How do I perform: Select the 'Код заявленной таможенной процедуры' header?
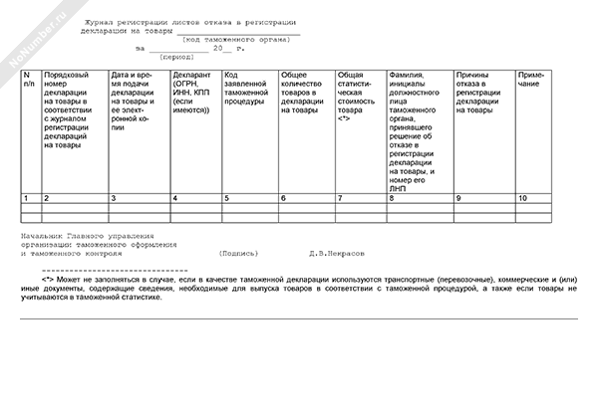248,89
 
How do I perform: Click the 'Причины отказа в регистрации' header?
482,89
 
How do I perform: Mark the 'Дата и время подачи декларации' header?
138,101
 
